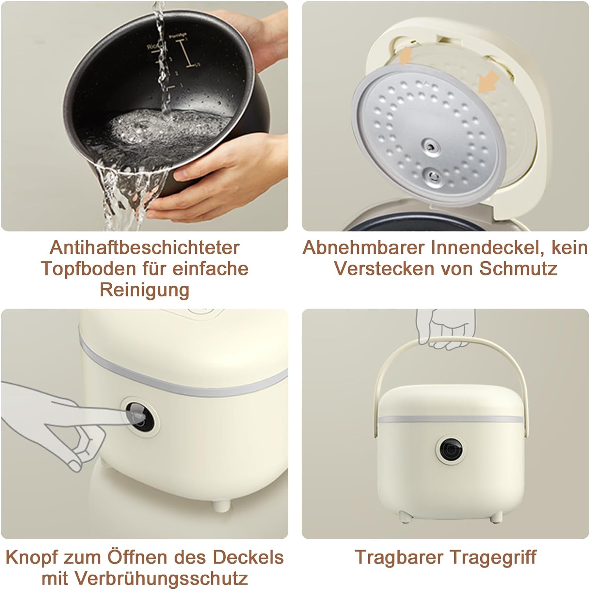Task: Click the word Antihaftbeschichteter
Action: [144, 248]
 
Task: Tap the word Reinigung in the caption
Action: [144, 290]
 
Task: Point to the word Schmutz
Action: [518, 269]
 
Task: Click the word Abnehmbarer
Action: [364, 248]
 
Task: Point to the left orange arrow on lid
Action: [406, 55]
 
